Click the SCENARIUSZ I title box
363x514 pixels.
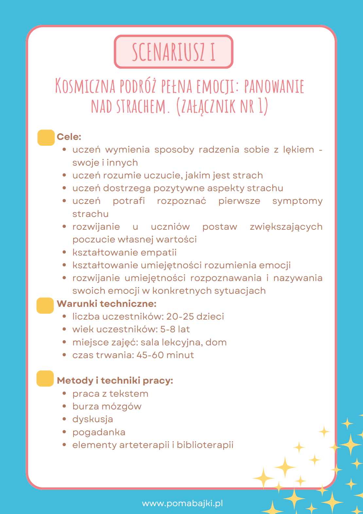point(173,52)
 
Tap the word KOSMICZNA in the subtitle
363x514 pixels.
point(85,86)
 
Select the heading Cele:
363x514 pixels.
point(69,137)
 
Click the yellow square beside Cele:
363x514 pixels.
point(46,138)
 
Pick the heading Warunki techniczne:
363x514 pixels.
point(107,304)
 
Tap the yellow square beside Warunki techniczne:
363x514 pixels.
point(45,306)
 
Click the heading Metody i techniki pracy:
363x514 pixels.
point(115,380)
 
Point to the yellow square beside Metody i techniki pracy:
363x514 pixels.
point(45,378)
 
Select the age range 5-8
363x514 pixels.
point(167,329)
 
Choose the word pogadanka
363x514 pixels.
point(99,432)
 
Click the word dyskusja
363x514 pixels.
point(93,419)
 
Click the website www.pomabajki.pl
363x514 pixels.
point(182,503)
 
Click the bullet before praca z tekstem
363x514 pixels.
point(64,394)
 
